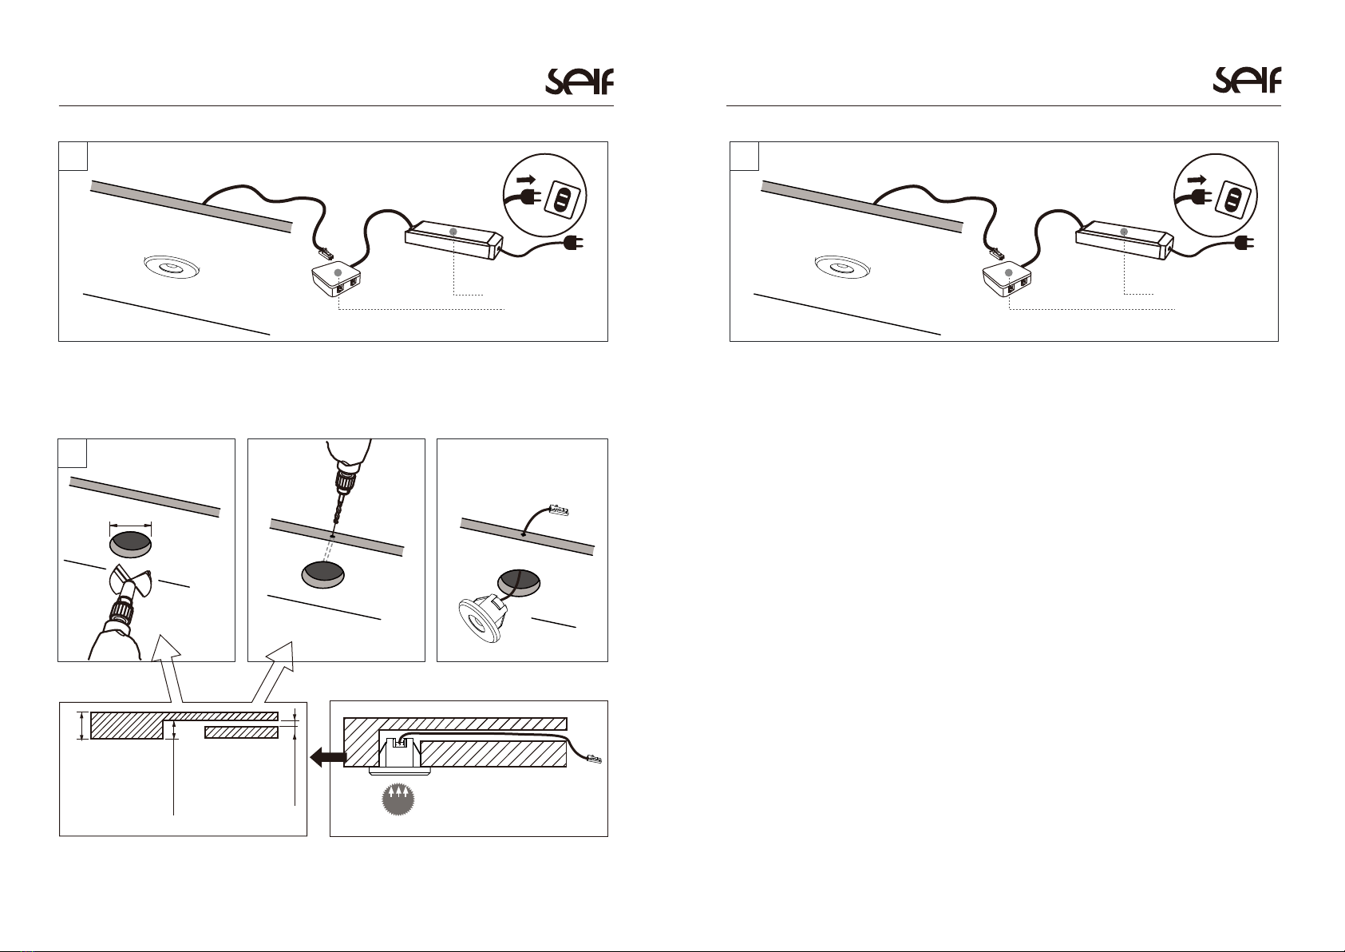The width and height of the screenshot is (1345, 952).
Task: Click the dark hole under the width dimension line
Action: tap(130, 544)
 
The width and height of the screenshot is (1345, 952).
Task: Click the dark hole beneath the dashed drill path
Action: tap(323, 575)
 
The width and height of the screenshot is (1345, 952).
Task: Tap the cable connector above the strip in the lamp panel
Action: tap(559, 511)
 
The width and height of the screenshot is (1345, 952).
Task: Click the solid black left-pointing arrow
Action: tap(328, 758)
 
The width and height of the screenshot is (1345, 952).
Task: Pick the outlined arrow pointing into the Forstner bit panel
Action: tap(170, 669)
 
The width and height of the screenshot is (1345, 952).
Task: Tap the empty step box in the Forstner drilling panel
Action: tap(73, 454)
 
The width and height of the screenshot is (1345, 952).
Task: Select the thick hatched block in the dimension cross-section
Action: tap(127, 725)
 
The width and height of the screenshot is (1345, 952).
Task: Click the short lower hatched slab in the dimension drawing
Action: tap(241, 732)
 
